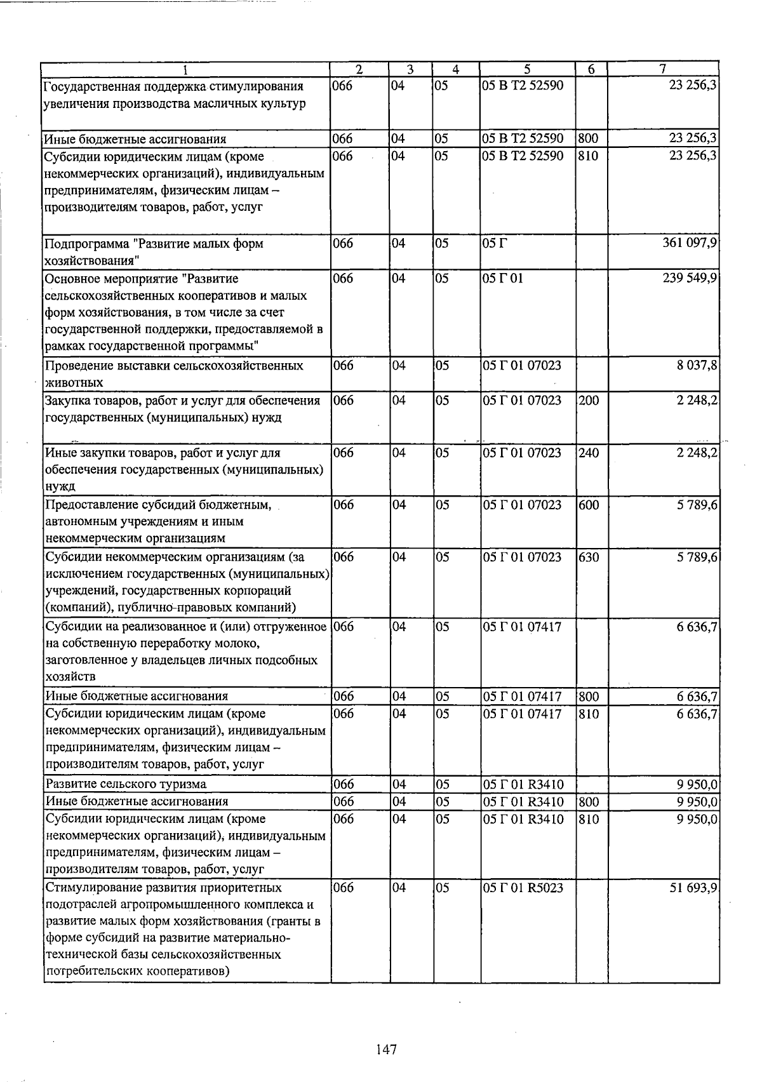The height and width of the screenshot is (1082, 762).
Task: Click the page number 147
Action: click(x=385, y=1050)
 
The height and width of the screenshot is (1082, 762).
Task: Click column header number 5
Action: click(x=527, y=69)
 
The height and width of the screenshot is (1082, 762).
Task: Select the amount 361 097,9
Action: click(x=690, y=243)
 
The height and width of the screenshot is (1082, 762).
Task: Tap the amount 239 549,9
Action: click(x=690, y=278)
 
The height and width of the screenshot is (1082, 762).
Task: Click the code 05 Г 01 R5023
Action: click(x=523, y=888)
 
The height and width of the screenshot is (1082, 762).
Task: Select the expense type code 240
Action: click(x=588, y=453)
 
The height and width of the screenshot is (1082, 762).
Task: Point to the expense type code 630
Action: click(x=588, y=557)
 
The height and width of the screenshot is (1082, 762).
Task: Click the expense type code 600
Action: click(x=588, y=505)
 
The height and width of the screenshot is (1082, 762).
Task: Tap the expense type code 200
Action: click(x=588, y=401)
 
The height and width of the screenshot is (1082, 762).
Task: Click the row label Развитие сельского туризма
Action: click(x=126, y=784)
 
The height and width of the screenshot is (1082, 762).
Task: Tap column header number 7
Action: click(x=662, y=69)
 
